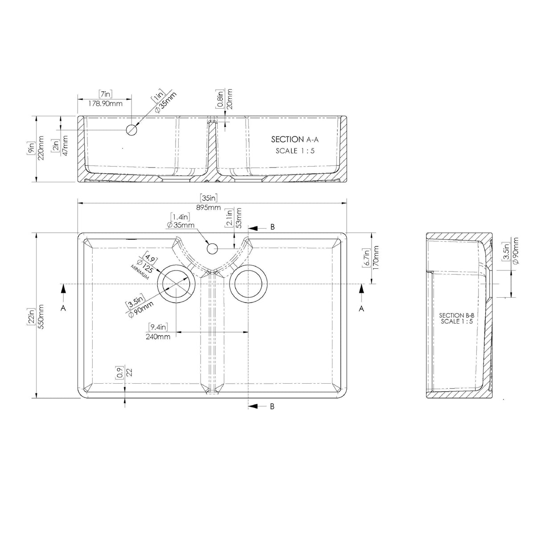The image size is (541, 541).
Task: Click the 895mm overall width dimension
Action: pos(208,208)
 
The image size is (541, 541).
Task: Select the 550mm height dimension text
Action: pos(41,316)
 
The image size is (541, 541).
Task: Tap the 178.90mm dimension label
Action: pos(105,104)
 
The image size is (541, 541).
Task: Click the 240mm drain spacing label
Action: pos(158,336)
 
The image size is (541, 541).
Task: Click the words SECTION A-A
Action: pos(295,139)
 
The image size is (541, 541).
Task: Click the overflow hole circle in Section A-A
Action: pos(131,130)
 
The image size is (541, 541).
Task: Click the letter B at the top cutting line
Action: pos(273,227)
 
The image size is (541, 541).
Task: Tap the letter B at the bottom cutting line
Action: pos(273,406)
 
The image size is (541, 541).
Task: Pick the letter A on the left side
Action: pos(63,308)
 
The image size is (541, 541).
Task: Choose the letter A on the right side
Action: pos(361,308)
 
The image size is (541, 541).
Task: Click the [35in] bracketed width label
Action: pos(208,198)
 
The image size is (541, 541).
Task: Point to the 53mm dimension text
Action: pos(239,217)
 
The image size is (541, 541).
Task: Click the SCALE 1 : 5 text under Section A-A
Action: pos(295,151)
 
